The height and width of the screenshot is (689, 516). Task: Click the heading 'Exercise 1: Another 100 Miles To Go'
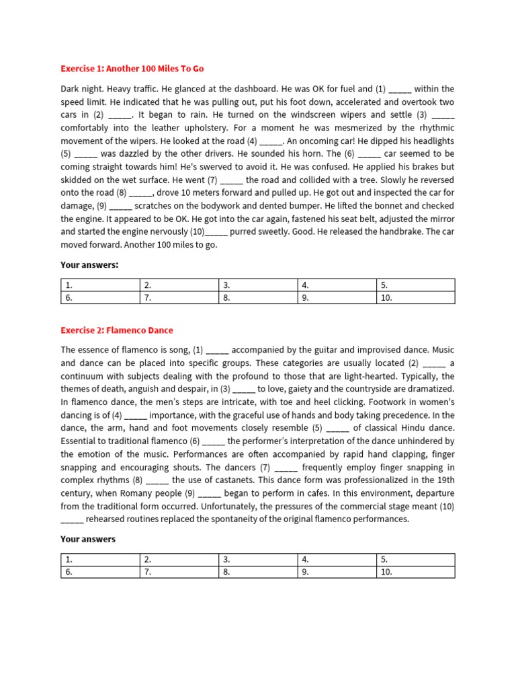(x=132, y=69)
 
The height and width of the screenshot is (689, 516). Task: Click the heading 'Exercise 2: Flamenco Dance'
(x=117, y=330)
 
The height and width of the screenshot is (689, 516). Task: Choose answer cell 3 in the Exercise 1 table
(x=257, y=285)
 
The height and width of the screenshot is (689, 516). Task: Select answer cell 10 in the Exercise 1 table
(x=415, y=297)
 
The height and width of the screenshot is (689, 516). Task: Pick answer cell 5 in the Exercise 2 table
(x=415, y=559)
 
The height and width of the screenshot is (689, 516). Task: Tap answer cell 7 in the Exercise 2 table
(x=179, y=572)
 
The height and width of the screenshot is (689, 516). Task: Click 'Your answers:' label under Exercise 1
(x=89, y=265)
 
